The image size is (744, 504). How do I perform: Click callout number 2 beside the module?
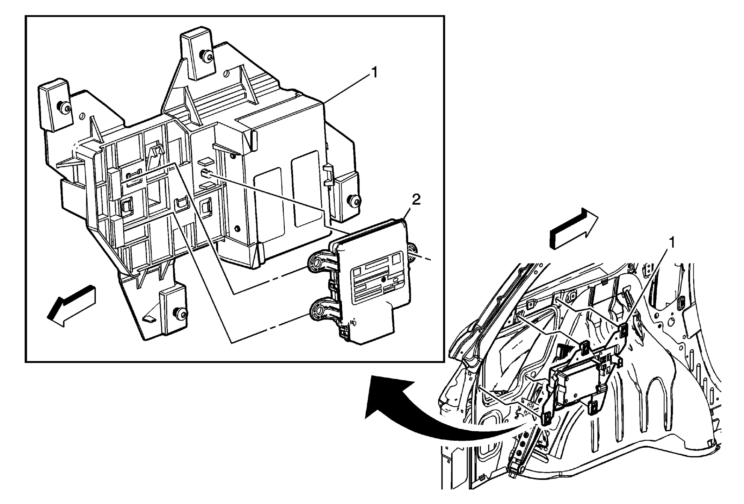(x=416, y=200)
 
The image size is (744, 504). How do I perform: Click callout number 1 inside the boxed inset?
(x=374, y=73)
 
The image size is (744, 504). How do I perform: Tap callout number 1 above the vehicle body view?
(x=671, y=242)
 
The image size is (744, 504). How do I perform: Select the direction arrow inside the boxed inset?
(x=72, y=306)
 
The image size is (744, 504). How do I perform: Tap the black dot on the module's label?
(x=384, y=279)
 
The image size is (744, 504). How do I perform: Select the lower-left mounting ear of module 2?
(x=320, y=308)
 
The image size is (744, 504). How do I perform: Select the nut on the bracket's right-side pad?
(x=356, y=201)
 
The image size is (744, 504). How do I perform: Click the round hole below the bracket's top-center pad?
(x=226, y=74)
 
